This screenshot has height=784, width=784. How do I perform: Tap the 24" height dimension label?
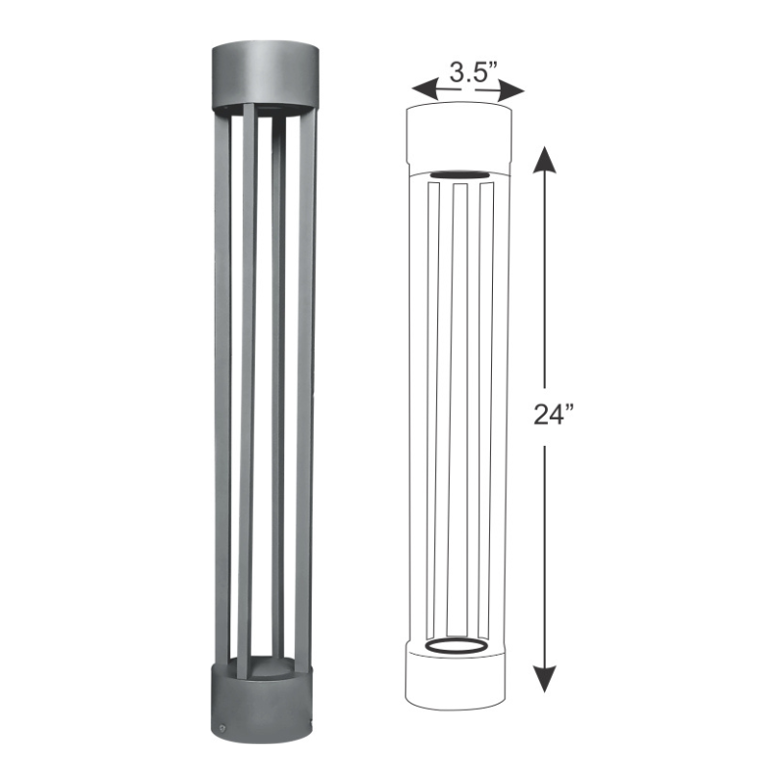click(553, 413)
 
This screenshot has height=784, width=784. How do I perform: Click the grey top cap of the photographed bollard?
click(265, 73)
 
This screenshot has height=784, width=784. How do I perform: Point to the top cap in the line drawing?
click(459, 137)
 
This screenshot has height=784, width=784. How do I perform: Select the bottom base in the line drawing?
click(459, 681)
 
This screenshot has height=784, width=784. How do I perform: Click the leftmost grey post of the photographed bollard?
click(222, 392)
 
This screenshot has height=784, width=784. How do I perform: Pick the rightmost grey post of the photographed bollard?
click(308, 392)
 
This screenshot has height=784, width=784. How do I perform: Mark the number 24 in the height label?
click(546, 413)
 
